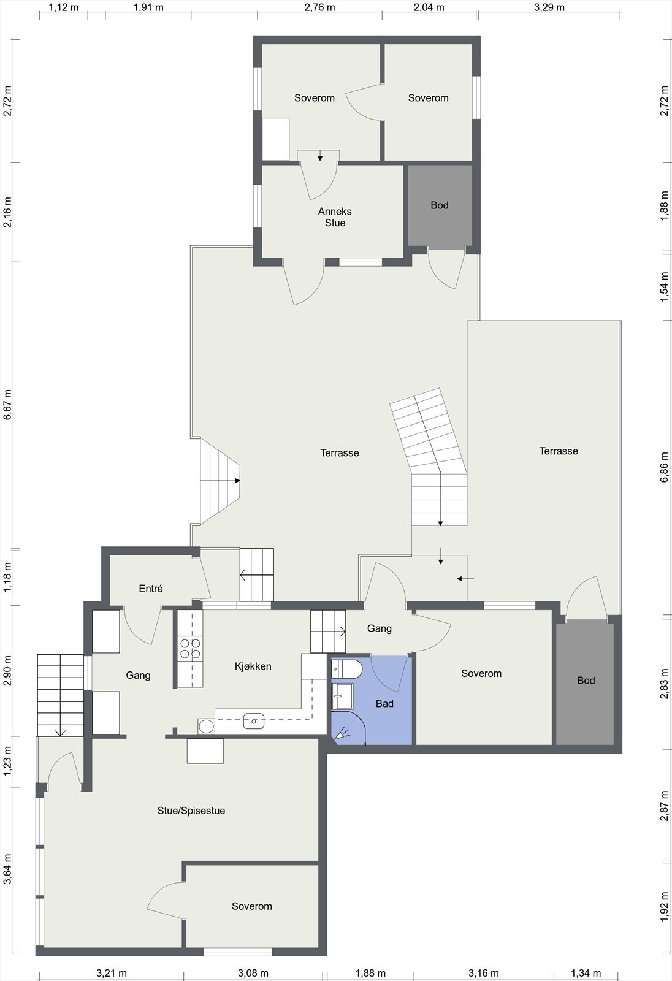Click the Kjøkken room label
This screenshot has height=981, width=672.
click(253, 666)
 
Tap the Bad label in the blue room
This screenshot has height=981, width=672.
click(384, 703)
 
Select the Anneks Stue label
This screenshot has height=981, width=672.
click(335, 217)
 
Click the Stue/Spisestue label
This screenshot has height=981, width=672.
click(191, 811)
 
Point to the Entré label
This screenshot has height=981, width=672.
click(151, 588)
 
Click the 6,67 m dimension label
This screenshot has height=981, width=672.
click(8, 404)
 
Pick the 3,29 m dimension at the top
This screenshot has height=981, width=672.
click(549, 7)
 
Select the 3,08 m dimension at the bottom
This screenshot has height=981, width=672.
click(253, 973)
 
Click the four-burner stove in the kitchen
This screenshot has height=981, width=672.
click(190, 649)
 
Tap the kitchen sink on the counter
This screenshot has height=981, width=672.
click(254, 720)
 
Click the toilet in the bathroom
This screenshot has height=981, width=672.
click(346, 669)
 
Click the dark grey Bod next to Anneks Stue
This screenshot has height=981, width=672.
click(440, 205)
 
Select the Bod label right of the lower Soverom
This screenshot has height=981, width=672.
click(586, 680)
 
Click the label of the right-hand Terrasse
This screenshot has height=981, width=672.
click(559, 451)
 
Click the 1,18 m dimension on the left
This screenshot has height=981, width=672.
click(8, 577)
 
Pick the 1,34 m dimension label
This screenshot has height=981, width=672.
click(586, 973)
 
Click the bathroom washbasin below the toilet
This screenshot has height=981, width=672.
click(342, 697)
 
